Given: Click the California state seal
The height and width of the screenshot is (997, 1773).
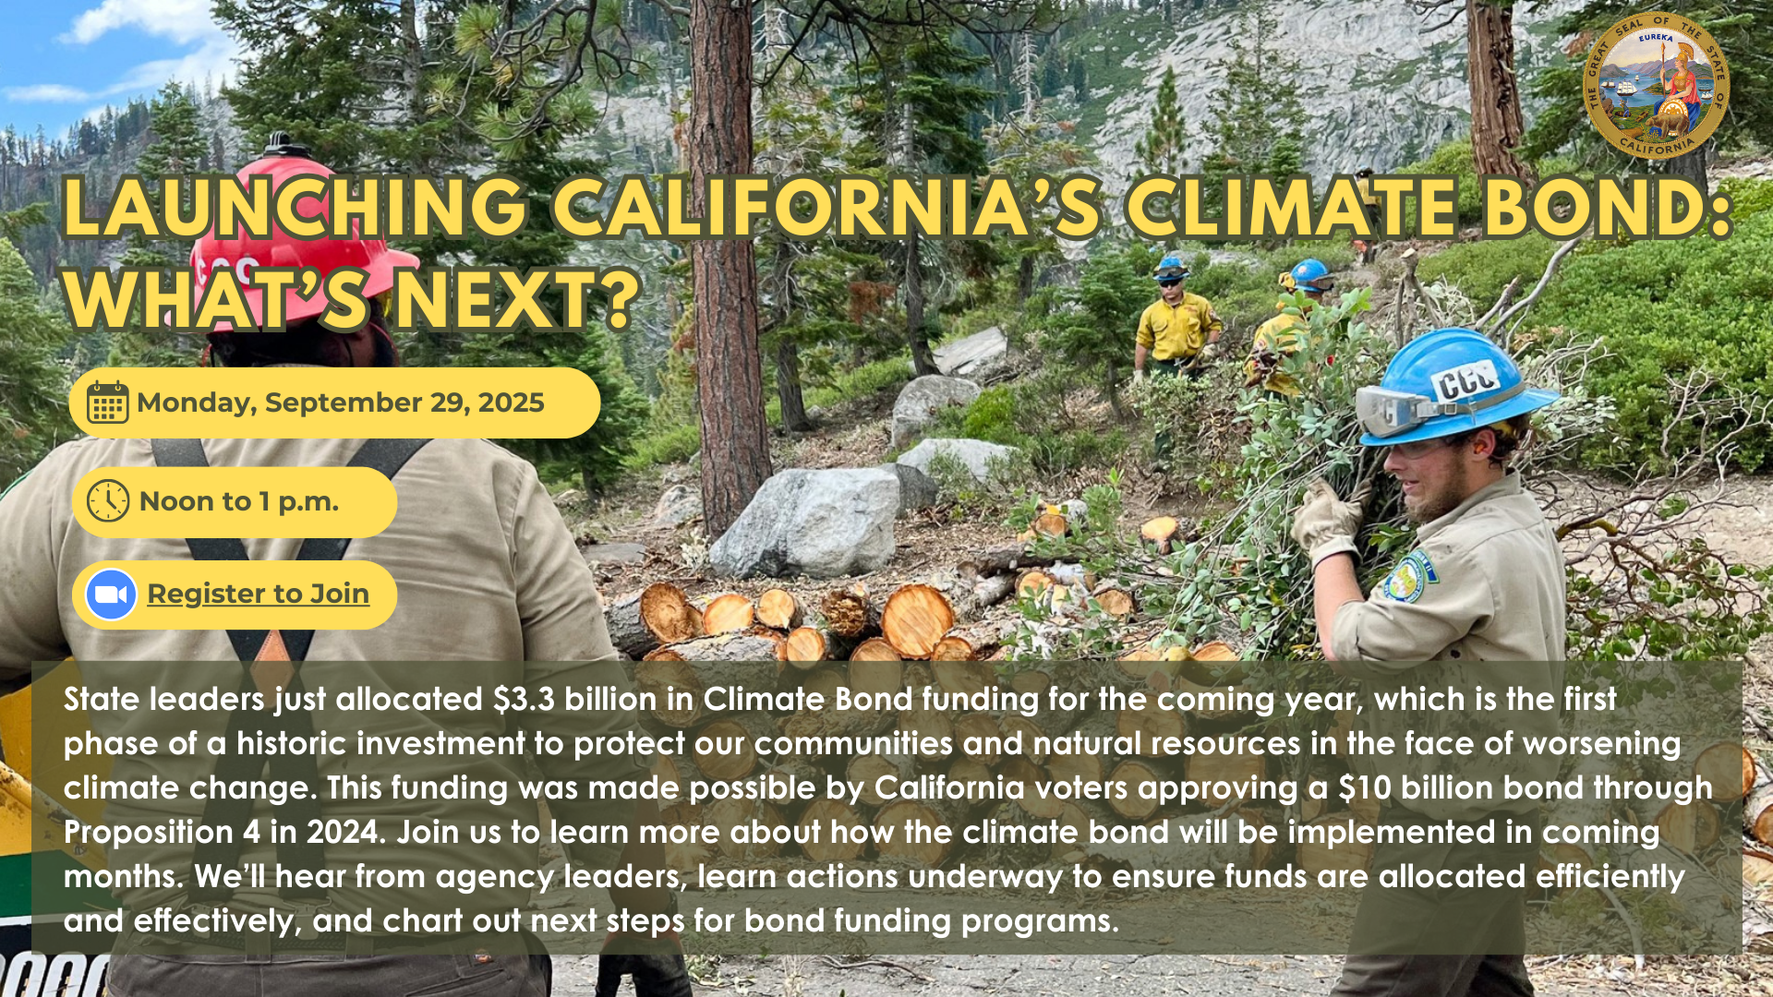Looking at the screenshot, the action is pyautogui.click(x=1656, y=86).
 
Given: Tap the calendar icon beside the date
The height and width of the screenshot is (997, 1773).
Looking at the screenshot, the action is pyautogui.click(x=107, y=402).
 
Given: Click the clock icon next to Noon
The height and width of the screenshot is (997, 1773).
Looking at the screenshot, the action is pyautogui.click(x=108, y=501).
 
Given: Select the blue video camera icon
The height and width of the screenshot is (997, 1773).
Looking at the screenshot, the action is pyautogui.click(x=111, y=595).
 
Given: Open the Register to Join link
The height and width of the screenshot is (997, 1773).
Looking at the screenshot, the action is pyautogui.click(x=259, y=594).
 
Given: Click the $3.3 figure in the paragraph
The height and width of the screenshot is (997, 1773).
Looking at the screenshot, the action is pyautogui.click(x=524, y=700).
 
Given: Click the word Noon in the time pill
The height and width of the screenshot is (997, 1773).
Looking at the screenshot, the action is pyautogui.click(x=179, y=501).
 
